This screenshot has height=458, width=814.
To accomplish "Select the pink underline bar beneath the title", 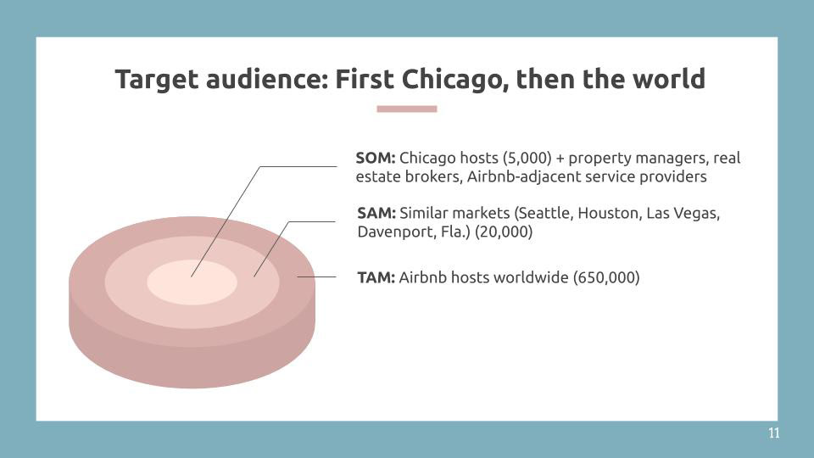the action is tap(406, 109).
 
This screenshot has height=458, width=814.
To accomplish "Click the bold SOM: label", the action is tap(376, 158).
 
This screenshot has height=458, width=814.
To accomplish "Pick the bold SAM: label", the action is tap(376, 213).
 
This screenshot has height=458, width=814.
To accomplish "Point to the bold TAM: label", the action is tap(376, 277).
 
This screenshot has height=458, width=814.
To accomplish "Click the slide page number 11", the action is tap(773, 433).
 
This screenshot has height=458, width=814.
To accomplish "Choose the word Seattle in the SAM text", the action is tap(545, 214).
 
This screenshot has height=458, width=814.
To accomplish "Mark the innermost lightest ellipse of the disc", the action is tap(192, 282).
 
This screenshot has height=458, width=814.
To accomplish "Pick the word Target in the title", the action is tap(157, 81).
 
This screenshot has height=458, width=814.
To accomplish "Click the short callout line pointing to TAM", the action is tap(316, 276).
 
